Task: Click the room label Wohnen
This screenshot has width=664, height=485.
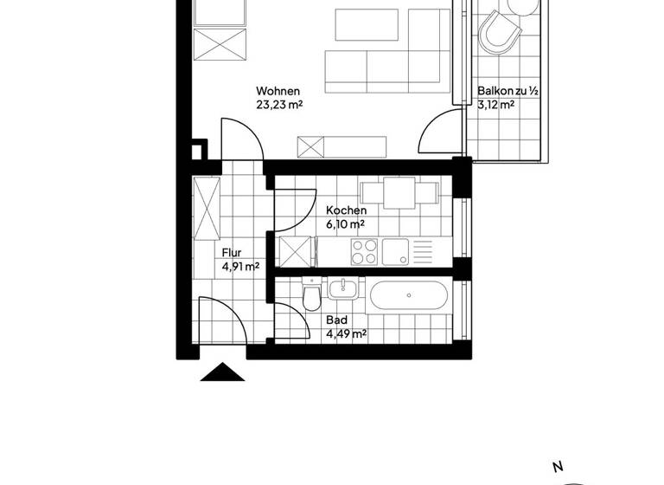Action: click(278, 92)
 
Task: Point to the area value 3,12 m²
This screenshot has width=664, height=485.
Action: click(496, 106)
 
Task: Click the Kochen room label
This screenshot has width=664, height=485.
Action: click(346, 210)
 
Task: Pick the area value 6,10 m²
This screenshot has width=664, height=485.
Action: click(345, 224)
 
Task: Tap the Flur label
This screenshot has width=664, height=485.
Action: click(231, 253)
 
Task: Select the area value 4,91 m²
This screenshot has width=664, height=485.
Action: click(241, 267)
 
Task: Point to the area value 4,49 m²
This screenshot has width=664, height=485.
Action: click(347, 333)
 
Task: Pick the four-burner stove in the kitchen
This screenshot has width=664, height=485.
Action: click(364, 252)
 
